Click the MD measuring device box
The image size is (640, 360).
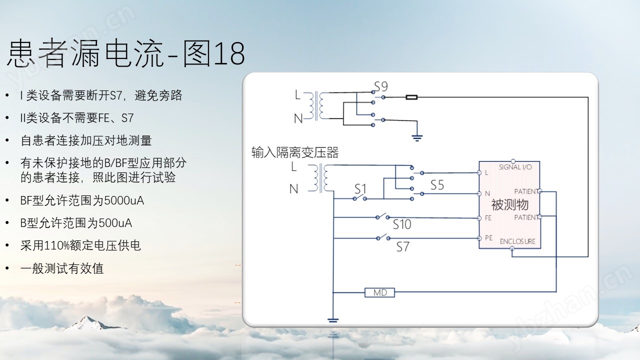coord(379,292)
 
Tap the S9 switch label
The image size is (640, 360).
coord(381,86)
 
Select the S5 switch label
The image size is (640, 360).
coord(437,185)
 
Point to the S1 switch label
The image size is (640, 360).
coord(360,189)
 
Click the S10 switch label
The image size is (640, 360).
coord(401,224)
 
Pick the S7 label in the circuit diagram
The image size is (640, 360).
coord(403,247)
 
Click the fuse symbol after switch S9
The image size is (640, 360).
coord(411,97)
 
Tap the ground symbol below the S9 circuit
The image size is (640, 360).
coord(417,138)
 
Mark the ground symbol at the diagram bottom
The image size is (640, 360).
coord(333,320)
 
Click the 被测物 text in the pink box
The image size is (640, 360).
coord(509,204)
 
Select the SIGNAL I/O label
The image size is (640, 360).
coord(515,167)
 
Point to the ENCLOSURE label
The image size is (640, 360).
coord(517,241)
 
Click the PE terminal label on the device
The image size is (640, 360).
coord(488,237)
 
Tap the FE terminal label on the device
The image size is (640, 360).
coord(488,218)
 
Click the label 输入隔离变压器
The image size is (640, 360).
coord(295,152)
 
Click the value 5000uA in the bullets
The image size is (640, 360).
coord(124,200)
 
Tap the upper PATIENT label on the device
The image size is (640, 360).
coord(526,191)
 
